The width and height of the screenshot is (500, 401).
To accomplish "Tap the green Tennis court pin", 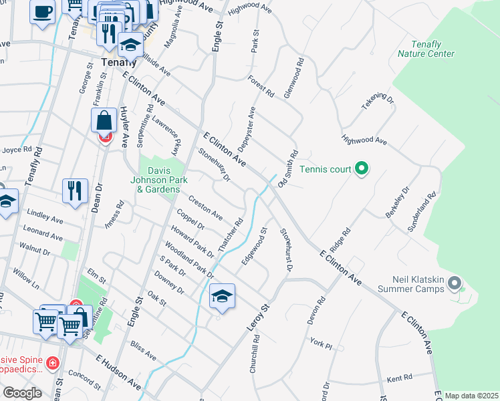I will pos(362,168).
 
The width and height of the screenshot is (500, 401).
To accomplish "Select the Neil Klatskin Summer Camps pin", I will pos(455,283).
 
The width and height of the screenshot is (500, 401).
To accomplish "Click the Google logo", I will pos(22,393).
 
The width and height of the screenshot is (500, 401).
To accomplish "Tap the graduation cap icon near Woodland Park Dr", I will pos(222,296).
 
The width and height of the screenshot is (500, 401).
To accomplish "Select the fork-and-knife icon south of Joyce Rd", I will pos(75,190).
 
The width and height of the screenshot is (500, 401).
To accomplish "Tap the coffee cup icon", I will pos(43,11).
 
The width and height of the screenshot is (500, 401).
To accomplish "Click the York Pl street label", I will pos(321,343).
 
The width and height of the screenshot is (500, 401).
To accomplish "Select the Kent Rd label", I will pos(399,379).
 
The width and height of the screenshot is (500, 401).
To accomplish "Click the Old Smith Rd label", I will pos(288,168).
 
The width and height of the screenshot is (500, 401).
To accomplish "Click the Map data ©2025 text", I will pos(471,396).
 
